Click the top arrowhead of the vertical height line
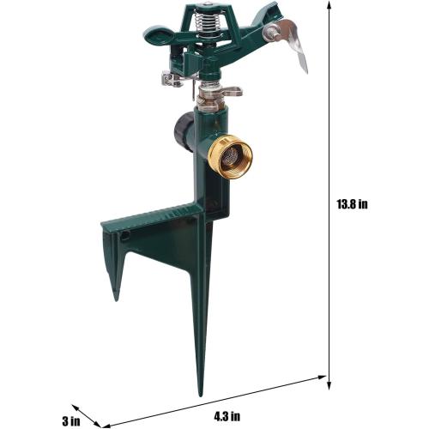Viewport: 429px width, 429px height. pyautogui.click(x=329, y=5)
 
